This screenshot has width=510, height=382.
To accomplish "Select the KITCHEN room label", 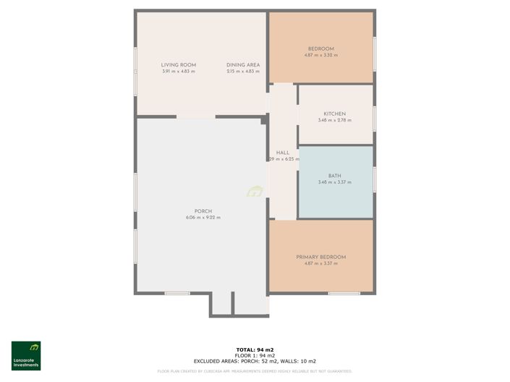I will [x=334, y=114].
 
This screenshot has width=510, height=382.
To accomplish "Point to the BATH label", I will [x=334, y=176].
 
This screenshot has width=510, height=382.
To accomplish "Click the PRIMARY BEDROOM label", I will [x=320, y=257].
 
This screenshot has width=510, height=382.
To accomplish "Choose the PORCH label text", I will [x=203, y=211].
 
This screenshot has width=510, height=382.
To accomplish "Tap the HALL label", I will [x=283, y=153].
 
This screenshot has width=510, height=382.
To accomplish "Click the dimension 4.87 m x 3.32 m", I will [x=320, y=55].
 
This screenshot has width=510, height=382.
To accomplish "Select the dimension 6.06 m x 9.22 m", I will [x=203, y=218].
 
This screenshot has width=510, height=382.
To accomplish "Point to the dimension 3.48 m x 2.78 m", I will [x=334, y=120].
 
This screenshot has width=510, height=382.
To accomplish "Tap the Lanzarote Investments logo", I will [x=26, y=355].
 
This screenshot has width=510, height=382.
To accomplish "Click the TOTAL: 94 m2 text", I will [x=255, y=349].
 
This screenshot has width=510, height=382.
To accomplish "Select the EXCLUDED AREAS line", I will [x=255, y=360].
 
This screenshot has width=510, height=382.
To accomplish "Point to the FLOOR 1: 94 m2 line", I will [x=255, y=355].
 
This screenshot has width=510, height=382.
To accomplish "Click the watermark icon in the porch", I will [x=255, y=192].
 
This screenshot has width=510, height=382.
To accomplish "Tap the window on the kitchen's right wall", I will [x=374, y=118].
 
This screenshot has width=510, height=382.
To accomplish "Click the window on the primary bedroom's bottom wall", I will [x=344, y=293].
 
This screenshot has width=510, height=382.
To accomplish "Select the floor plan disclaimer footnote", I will [x=255, y=371].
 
